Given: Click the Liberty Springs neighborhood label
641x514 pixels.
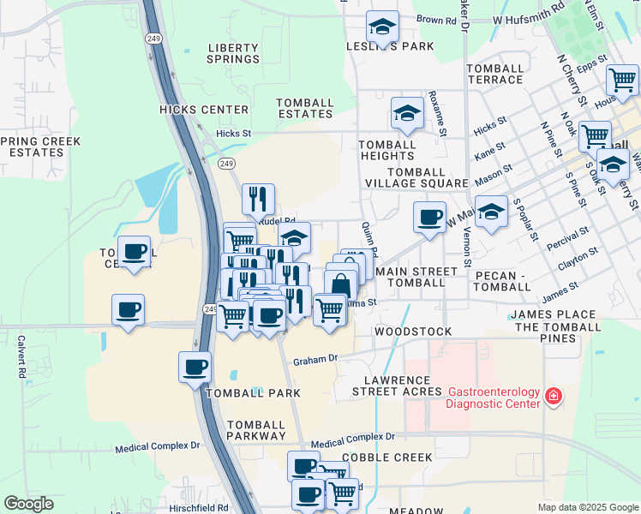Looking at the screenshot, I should (x=233, y=52).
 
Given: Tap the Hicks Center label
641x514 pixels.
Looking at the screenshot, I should (x=204, y=110).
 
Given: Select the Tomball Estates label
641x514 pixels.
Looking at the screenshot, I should (x=305, y=109).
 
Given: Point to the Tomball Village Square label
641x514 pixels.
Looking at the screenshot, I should (x=416, y=176).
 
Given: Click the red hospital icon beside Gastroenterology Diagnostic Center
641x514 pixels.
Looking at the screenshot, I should (x=554, y=396).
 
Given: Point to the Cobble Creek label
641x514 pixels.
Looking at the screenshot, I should (x=387, y=457).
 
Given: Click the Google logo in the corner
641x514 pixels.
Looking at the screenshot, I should (x=28, y=504).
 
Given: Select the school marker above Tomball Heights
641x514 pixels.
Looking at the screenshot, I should (x=407, y=112).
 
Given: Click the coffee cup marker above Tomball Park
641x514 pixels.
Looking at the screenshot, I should (x=195, y=366).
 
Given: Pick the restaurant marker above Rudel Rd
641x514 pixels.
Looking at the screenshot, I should (x=258, y=199).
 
